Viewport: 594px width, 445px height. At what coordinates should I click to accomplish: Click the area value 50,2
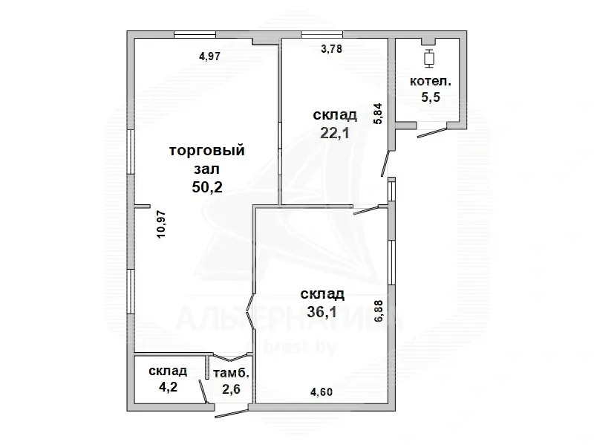pos(207,187)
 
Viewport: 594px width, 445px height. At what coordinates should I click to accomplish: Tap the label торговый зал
pos(207,159)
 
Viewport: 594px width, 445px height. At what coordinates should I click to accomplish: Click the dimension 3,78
pos(331,50)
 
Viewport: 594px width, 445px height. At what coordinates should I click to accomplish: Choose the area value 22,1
pos(335,133)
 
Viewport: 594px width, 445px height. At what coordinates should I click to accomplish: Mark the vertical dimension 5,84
pos(379,113)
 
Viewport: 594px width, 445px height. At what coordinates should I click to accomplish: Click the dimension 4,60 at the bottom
pos(322,392)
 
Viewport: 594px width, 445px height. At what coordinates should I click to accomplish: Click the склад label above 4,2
pos(167,371)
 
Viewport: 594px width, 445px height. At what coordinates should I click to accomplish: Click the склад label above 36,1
pos(322,294)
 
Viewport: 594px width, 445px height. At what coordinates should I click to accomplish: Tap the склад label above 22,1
pos(335,115)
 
